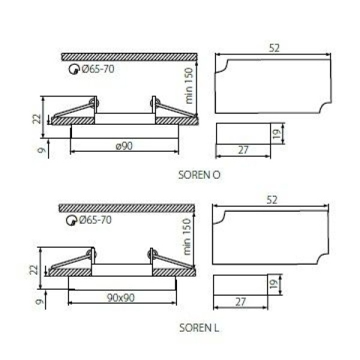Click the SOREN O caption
[199, 175]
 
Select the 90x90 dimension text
[121, 298]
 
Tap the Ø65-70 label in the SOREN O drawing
[98, 69]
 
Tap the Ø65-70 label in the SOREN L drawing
[95, 220]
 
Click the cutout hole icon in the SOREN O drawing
[73, 69]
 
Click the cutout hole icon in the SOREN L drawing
[71, 220]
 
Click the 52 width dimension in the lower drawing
[272, 200]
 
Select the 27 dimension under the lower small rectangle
[240, 302]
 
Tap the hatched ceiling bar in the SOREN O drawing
[129, 56]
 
